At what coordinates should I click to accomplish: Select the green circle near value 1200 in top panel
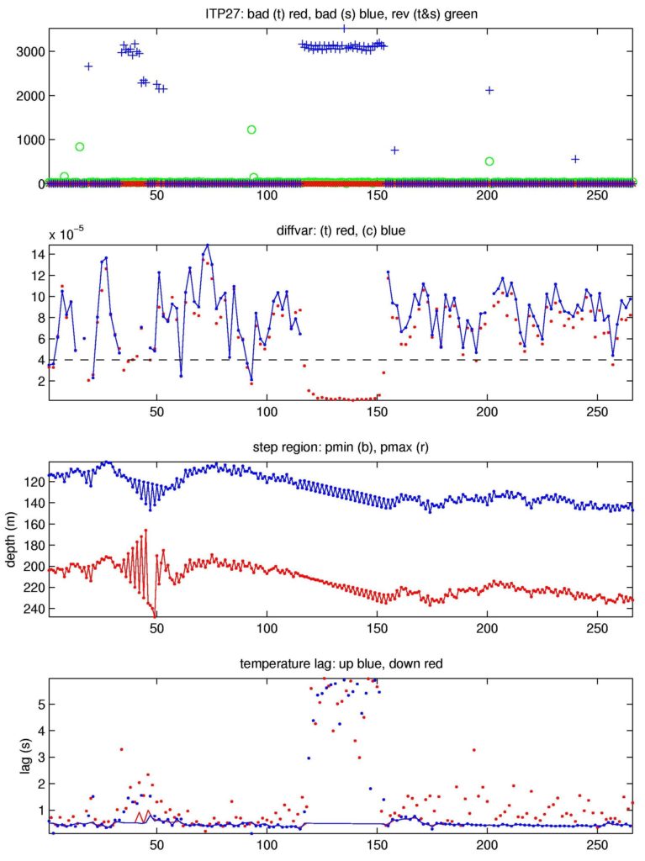[x=251, y=129]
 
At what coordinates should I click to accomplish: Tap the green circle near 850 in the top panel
[x=80, y=146]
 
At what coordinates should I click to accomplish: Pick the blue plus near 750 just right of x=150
[x=394, y=151]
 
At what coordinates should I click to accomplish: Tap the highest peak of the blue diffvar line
[x=208, y=245]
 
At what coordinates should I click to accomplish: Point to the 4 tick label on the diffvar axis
[x=39, y=360]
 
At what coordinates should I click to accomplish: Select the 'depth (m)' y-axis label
[x=11, y=539]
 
